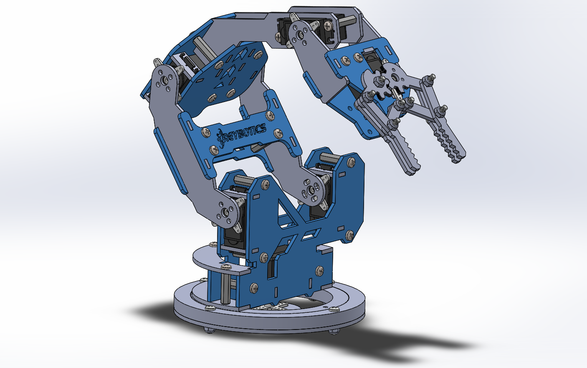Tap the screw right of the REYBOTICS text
[277, 133]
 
